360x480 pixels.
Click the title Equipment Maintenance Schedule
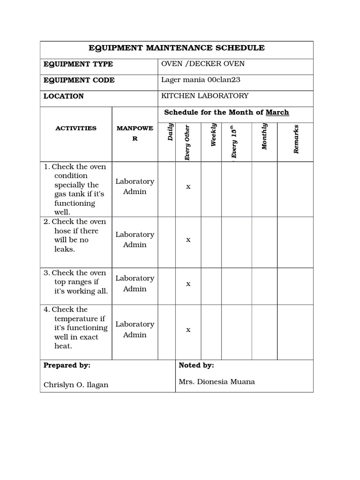[x=177, y=48]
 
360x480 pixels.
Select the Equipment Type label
[x=78, y=64]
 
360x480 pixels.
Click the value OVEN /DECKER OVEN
[x=203, y=64]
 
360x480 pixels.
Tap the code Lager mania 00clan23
[x=201, y=80]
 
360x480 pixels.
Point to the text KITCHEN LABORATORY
[x=205, y=96]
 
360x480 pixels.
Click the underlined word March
[x=277, y=112]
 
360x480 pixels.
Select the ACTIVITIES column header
[x=76, y=128]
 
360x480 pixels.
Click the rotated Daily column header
[x=171, y=132]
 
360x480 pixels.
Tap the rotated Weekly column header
[x=213, y=135]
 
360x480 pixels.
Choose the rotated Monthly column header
[x=264, y=136]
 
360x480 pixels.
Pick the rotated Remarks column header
[x=296, y=139]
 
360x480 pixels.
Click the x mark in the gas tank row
[x=188, y=187]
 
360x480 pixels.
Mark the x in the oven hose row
[x=188, y=240]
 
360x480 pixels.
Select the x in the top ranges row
[x=188, y=284]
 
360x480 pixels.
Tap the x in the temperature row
[x=188, y=330]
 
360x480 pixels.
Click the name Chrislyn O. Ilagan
[x=76, y=385]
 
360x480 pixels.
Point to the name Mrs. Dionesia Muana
[x=217, y=382]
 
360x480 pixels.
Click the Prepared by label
[x=67, y=365]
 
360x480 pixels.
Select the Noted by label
[x=196, y=365]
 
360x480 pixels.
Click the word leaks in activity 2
[x=64, y=249]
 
